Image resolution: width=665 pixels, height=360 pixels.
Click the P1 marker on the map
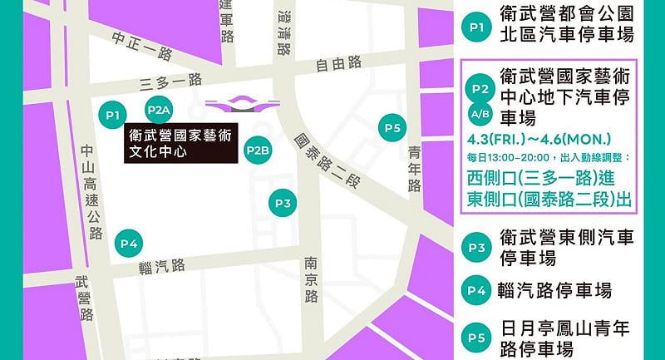114,114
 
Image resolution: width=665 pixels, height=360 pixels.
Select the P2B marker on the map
258,151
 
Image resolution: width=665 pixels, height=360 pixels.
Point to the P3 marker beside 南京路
283,203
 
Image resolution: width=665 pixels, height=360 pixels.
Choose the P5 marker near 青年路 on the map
392,128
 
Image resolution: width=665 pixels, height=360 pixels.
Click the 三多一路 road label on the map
171,81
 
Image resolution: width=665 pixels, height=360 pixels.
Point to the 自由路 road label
338,62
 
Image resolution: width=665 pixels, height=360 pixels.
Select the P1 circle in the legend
477,27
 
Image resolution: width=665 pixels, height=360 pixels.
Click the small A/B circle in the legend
480,113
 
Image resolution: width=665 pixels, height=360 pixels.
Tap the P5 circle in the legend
477,338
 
